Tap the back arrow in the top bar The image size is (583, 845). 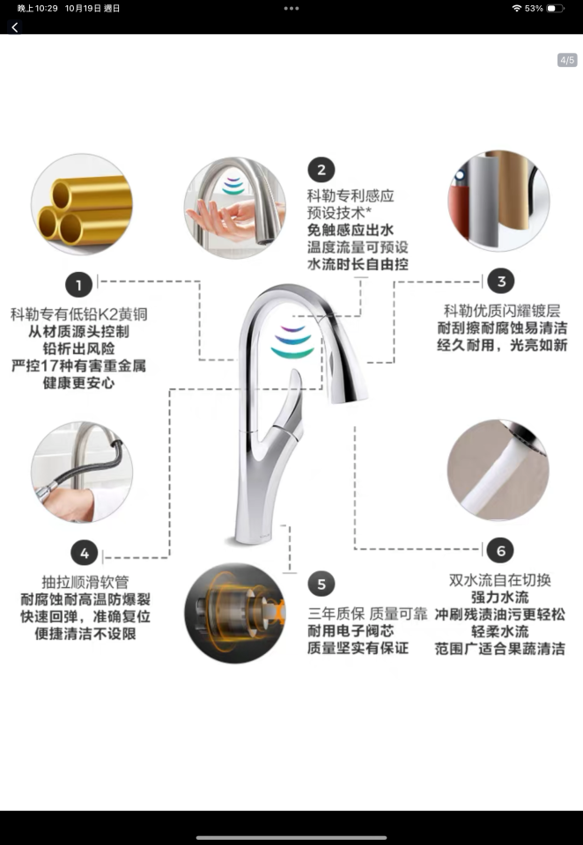coord(14,27)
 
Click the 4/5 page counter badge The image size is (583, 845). coord(567,61)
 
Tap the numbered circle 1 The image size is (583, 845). coord(79,284)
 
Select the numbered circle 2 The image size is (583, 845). coord(321,170)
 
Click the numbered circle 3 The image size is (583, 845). coord(501,282)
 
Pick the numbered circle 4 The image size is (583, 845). coord(85,553)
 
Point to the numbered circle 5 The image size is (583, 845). coord(321,583)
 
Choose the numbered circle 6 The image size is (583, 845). coord(500,551)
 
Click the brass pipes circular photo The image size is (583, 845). coord(81,205)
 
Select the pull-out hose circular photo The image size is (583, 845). coord(81,472)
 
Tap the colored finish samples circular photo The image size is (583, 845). coord(498,201)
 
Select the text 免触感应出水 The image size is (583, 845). coord(351,230)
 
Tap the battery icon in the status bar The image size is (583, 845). coord(554,8)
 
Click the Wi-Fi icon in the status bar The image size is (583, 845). coord(516,8)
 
